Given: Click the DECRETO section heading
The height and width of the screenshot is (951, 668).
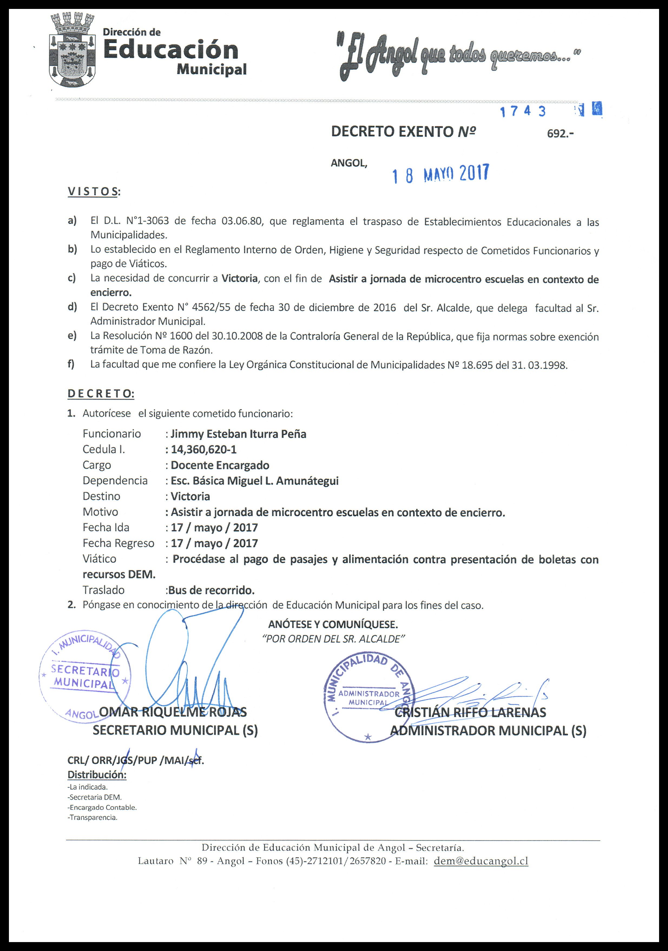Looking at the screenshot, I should point(101,394).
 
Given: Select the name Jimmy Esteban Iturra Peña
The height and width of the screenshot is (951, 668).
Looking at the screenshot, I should point(239,434).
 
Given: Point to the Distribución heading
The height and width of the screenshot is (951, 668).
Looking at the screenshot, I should point(97,775).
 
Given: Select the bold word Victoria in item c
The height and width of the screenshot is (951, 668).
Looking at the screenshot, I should point(239,278).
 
